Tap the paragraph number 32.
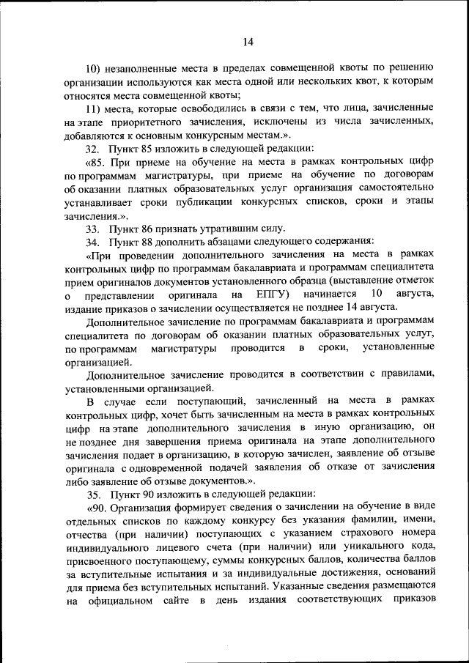[x=92, y=148]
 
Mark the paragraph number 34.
[x=92, y=241]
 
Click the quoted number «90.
[x=97, y=507]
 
